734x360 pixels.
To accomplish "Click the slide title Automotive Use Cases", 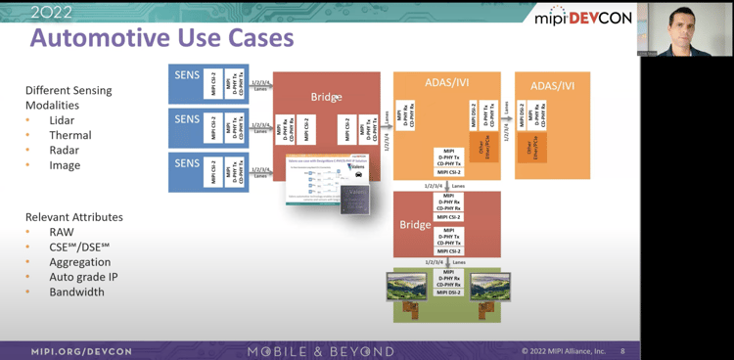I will coord(161,38).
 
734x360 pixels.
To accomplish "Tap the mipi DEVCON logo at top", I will coord(584,18).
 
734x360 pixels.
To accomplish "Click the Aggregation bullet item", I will coord(80,262).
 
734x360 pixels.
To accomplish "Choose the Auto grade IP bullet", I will coord(84,277).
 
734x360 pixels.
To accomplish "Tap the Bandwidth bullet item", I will coord(76,292).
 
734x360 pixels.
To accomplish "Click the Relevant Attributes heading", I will coord(74,216).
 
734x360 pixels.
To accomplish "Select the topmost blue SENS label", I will coord(187,75).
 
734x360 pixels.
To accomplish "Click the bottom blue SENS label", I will coord(187,162).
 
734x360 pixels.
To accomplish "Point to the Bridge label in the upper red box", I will coord(326,99).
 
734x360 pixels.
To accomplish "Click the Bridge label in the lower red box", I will coord(415,225).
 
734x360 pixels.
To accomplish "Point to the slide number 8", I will coord(622,351).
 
